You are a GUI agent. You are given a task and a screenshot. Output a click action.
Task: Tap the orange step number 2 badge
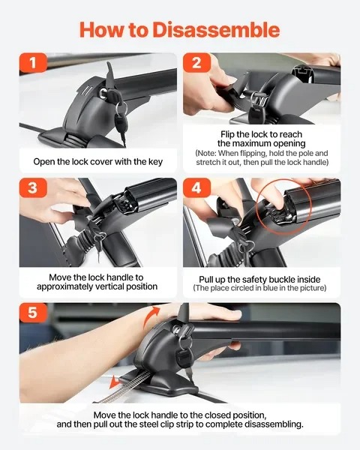196,64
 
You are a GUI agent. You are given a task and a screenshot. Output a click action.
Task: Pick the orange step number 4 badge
196,188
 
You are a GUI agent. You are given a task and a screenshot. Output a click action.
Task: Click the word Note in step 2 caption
206,152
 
